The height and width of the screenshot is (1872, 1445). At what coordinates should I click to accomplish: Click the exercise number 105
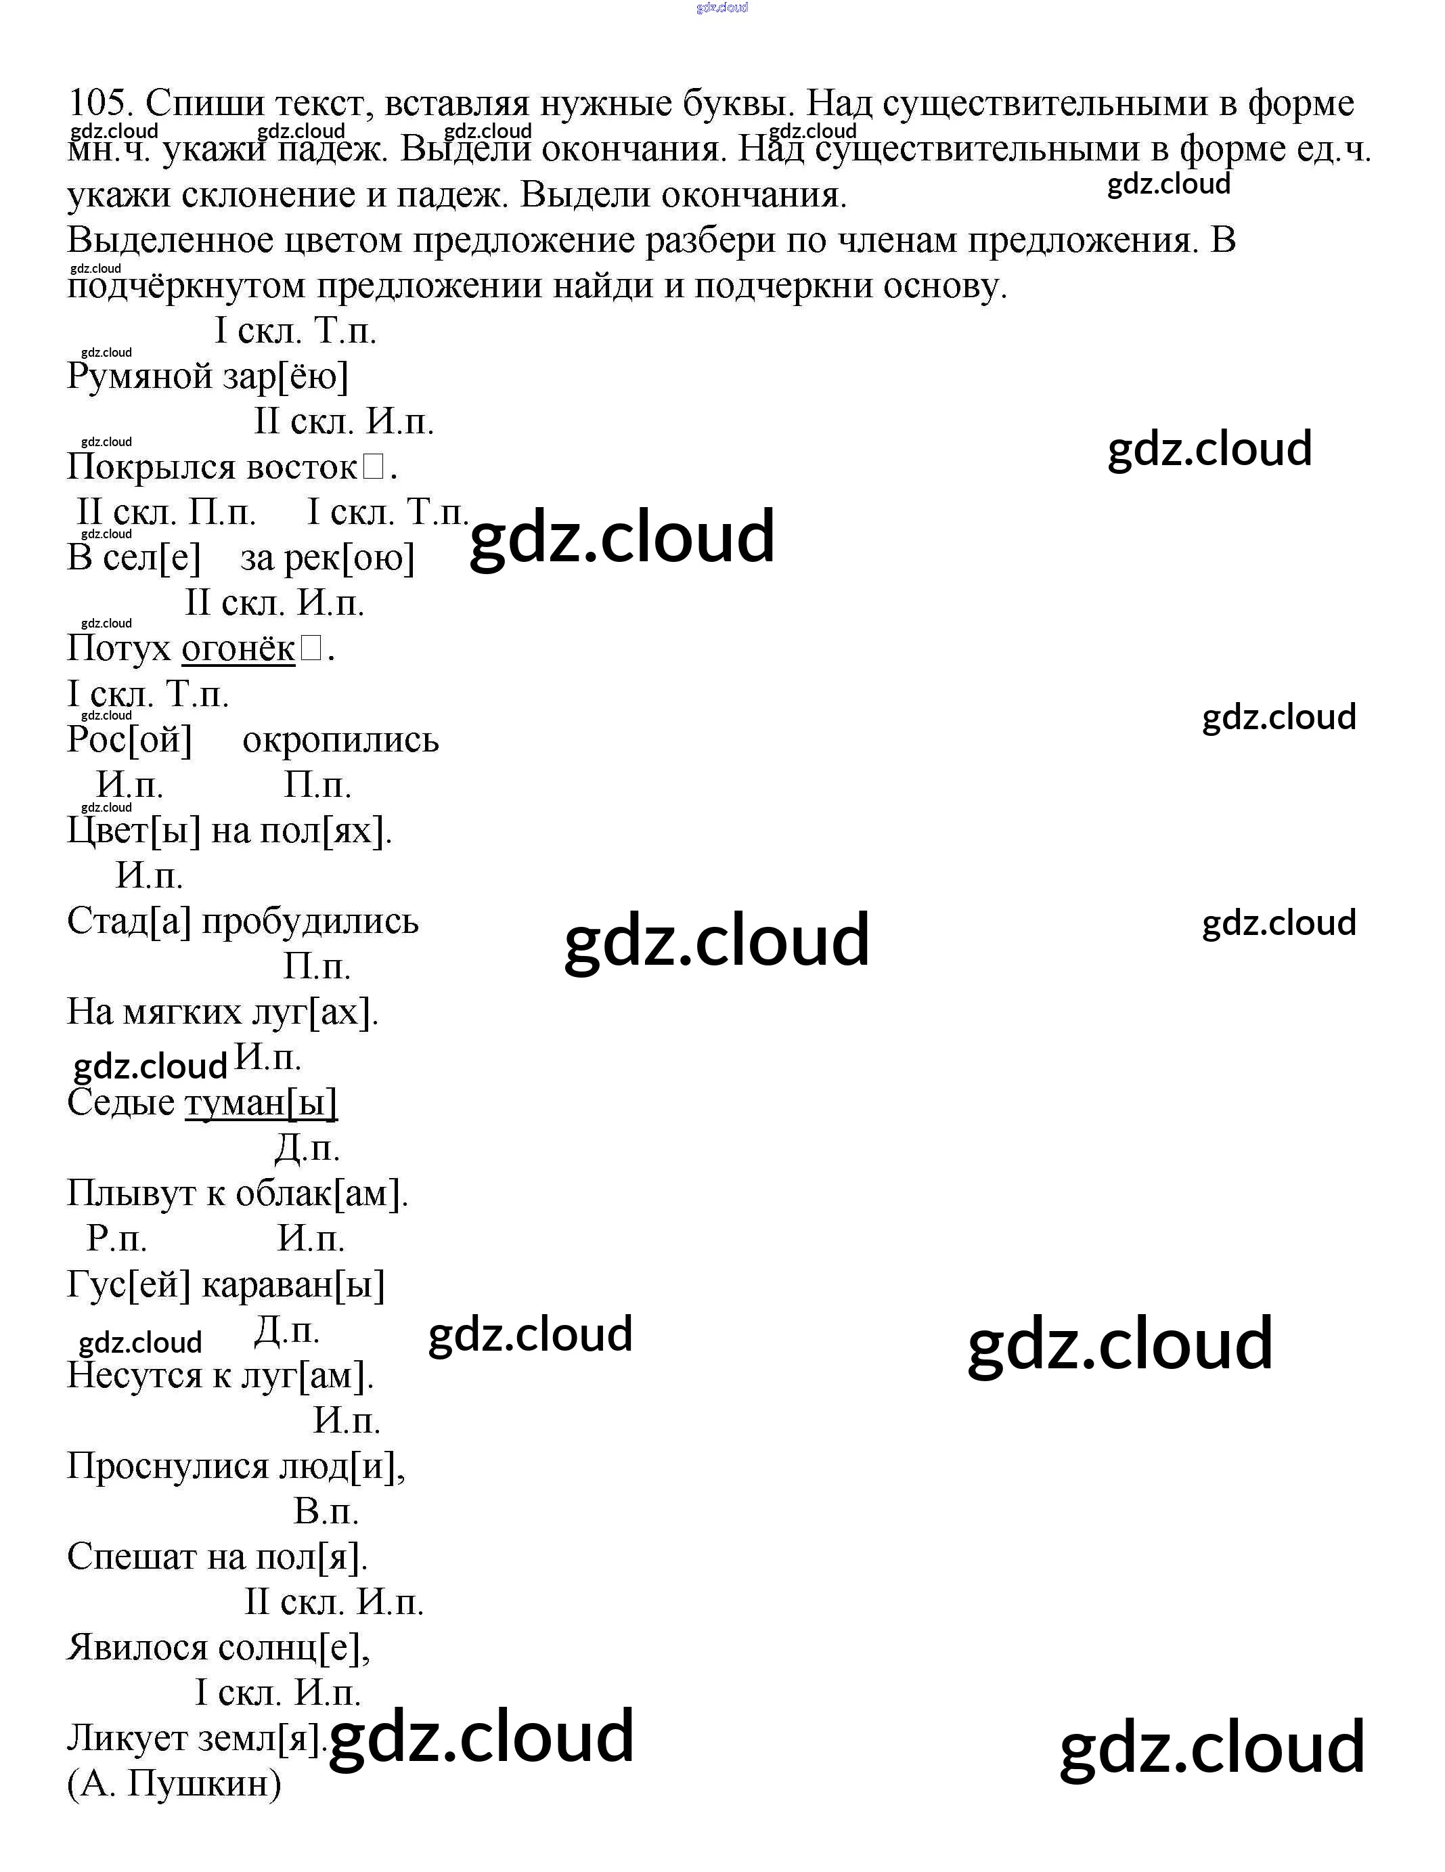tap(99, 104)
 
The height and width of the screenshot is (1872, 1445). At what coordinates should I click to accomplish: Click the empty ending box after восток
tap(374, 467)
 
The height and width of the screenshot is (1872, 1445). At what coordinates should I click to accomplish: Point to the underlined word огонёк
tap(238, 649)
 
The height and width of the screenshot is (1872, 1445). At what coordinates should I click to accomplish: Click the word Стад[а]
tap(129, 921)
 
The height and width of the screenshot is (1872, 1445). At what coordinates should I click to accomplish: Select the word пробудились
tap(310, 921)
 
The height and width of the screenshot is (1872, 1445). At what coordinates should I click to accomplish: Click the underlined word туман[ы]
tap(261, 1103)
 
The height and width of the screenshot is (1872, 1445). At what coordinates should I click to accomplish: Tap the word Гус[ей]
tap(129, 1285)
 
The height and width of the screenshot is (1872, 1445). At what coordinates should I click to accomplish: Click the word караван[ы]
tap(293, 1285)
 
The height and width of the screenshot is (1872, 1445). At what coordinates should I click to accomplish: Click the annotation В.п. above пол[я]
tap(326, 1511)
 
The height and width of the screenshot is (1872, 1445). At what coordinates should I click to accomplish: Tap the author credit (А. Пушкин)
tap(174, 1784)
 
